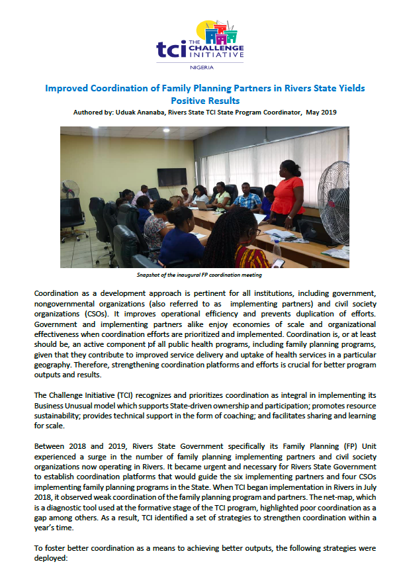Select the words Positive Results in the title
[204, 101]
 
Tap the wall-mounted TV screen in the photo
[171, 177]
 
